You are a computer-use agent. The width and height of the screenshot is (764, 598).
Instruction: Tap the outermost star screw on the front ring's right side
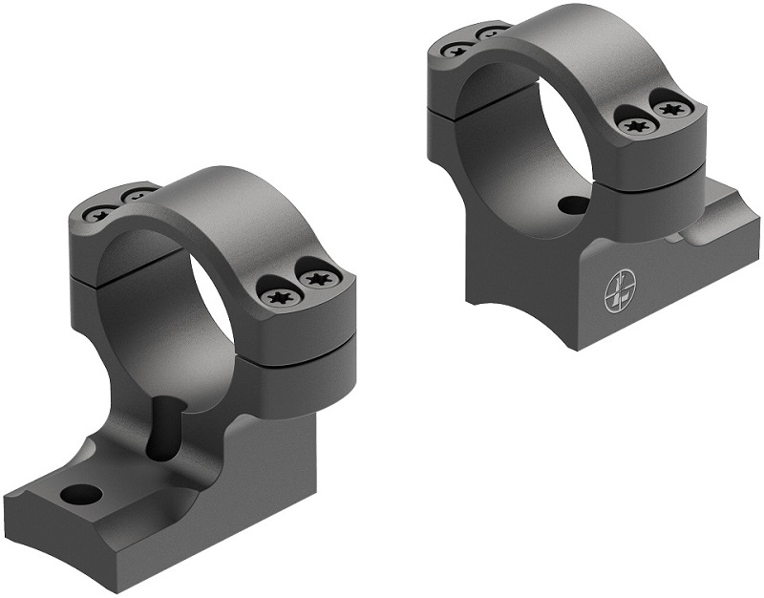pyautogui.click(x=315, y=278)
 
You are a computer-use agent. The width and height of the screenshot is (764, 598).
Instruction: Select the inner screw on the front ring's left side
pyautogui.click(x=138, y=196)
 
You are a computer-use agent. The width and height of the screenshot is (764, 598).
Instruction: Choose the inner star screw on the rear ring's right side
pyautogui.click(x=634, y=122)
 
